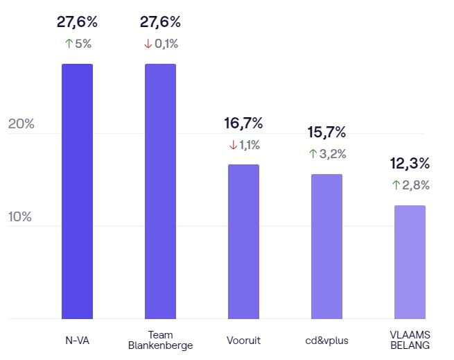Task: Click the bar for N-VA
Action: click(77, 191)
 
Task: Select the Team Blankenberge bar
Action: click(160, 191)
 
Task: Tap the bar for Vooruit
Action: click(243, 241)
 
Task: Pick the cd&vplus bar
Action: click(326, 246)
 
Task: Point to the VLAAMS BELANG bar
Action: click(410, 262)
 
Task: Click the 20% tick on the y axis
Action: click(21, 124)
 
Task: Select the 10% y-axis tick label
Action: click(20, 216)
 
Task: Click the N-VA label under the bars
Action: click(77, 341)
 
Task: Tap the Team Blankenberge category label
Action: click(160, 340)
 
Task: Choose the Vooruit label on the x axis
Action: click(243, 341)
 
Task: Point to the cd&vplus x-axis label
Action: click(326, 341)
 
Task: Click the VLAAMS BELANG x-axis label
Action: click(410, 340)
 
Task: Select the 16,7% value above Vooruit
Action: click(243, 123)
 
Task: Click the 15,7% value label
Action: click(326, 132)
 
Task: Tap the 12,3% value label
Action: click(410, 164)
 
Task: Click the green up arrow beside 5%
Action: click(67, 44)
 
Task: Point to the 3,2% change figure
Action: click(332, 153)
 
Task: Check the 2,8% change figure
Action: click(415, 185)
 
